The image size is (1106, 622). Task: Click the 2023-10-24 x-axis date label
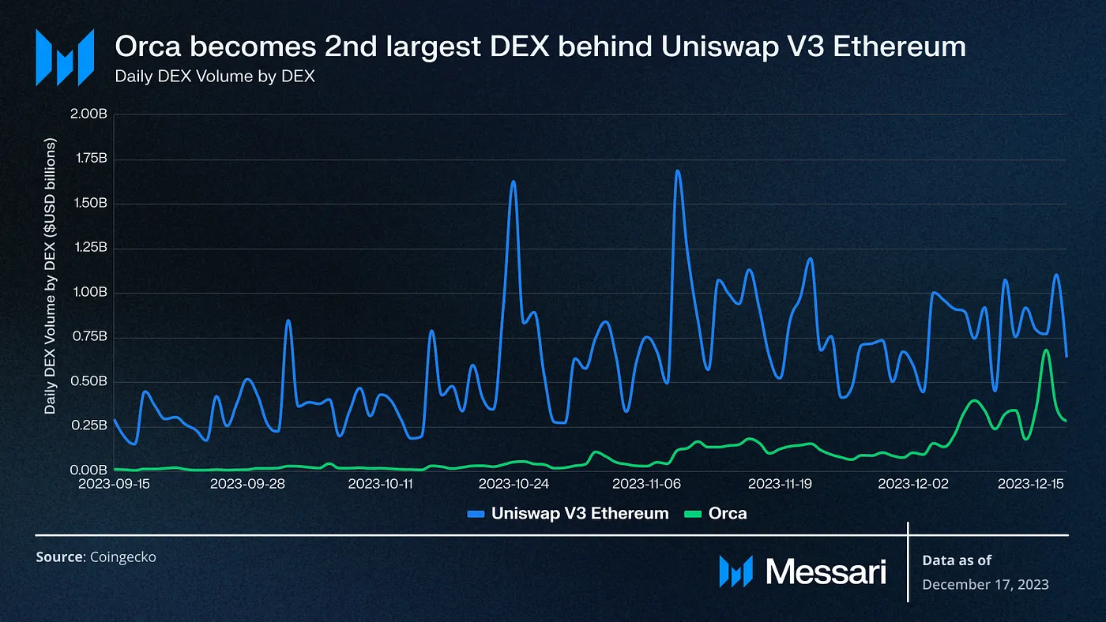tap(514, 483)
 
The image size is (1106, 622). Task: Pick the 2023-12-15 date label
tap(1030, 483)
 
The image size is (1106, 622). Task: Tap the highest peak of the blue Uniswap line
tap(677, 170)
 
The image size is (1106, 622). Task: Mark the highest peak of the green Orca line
tap(1046, 350)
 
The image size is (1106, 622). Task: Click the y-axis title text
tap(51, 276)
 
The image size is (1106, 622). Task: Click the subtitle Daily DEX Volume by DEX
tap(215, 77)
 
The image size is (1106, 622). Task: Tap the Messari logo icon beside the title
tap(66, 57)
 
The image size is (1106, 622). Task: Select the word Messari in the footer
tap(826, 571)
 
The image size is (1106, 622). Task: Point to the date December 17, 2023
tap(985, 584)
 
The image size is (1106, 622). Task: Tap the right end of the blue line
tap(1066, 356)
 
